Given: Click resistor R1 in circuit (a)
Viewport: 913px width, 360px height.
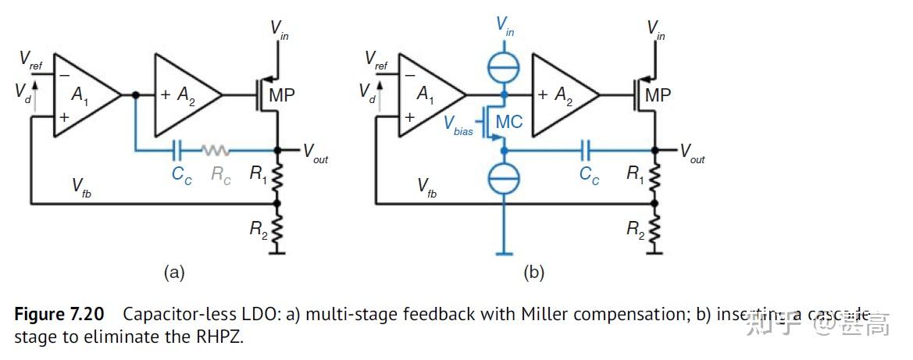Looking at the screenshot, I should [x=278, y=177].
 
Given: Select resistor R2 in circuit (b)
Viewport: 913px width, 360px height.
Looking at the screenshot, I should [x=654, y=229].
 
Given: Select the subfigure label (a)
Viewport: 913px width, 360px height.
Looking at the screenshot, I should [x=173, y=273].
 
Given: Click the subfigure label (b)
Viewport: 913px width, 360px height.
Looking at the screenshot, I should [x=534, y=273].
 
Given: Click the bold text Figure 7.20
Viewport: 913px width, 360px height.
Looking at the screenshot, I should [x=59, y=315].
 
